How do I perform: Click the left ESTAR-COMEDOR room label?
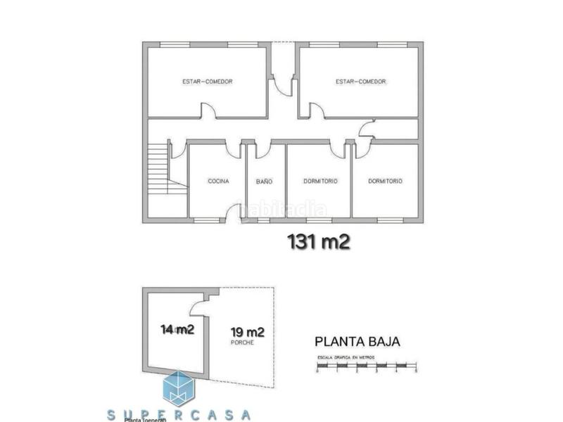pos(207,82)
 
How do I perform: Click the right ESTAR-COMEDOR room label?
pos(361,82)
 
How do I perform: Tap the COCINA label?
pos(218,181)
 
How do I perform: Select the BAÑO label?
pos(264,181)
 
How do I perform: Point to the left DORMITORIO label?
pos(320,181)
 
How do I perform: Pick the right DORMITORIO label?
pos(385,181)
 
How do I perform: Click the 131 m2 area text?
pos(319,241)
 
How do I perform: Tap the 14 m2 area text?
pos(177,329)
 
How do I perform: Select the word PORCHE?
pos(241,343)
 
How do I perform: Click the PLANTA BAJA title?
pos(357,343)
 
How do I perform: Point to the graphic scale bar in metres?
pos(367,366)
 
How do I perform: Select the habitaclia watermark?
pos(285,209)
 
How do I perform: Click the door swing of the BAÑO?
pos(262,150)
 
